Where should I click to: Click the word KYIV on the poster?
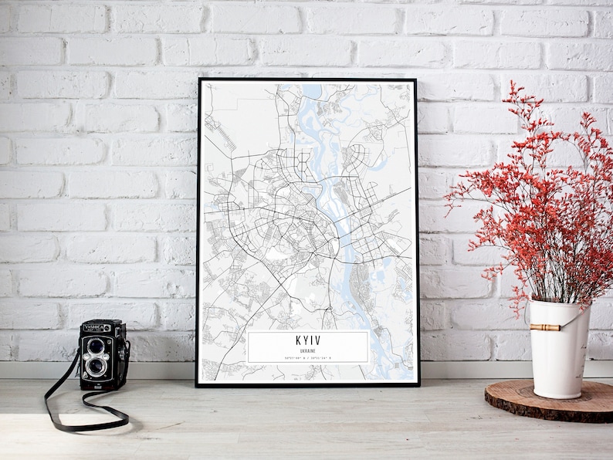click(x=308, y=340)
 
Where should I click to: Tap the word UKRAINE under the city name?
click(x=308, y=350)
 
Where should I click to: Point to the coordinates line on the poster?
click(x=308, y=358)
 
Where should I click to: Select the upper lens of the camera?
click(x=97, y=345)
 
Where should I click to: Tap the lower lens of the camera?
click(x=97, y=365)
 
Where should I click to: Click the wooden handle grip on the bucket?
click(x=544, y=327)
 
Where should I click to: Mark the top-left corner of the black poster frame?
click(x=198, y=79)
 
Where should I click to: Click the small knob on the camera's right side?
click(x=126, y=349)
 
